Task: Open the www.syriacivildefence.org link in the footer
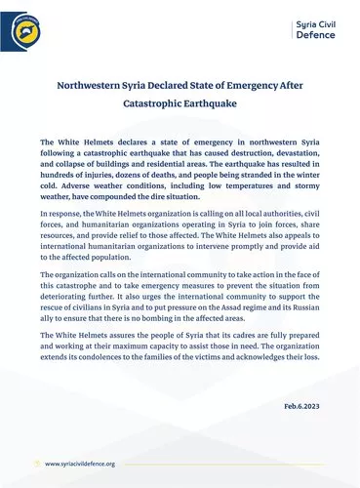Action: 80,465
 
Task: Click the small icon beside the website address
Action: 37,465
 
